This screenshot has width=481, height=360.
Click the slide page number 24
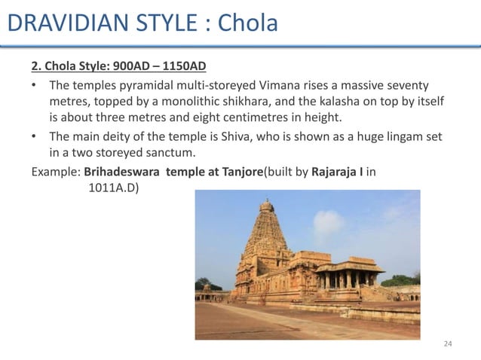coord(448,343)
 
